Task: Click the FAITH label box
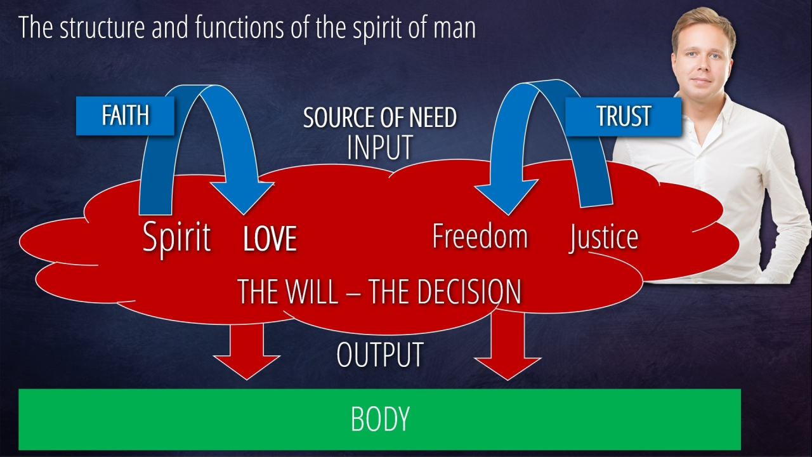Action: pyautogui.click(x=125, y=116)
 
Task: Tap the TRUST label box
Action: pyautogui.click(x=623, y=116)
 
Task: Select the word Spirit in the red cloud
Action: pyautogui.click(x=176, y=237)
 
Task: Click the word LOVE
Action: pyautogui.click(x=270, y=239)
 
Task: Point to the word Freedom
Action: pyautogui.click(x=480, y=236)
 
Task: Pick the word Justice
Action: pyautogui.click(x=603, y=237)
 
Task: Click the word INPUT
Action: pyautogui.click(x=379, y=147)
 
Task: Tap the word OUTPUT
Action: pyautogui.click(x=379, y=355)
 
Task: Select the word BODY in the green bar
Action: pyautogui.click(x=379, y=419)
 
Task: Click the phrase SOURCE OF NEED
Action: pyautogui.click(x=379, y=118)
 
